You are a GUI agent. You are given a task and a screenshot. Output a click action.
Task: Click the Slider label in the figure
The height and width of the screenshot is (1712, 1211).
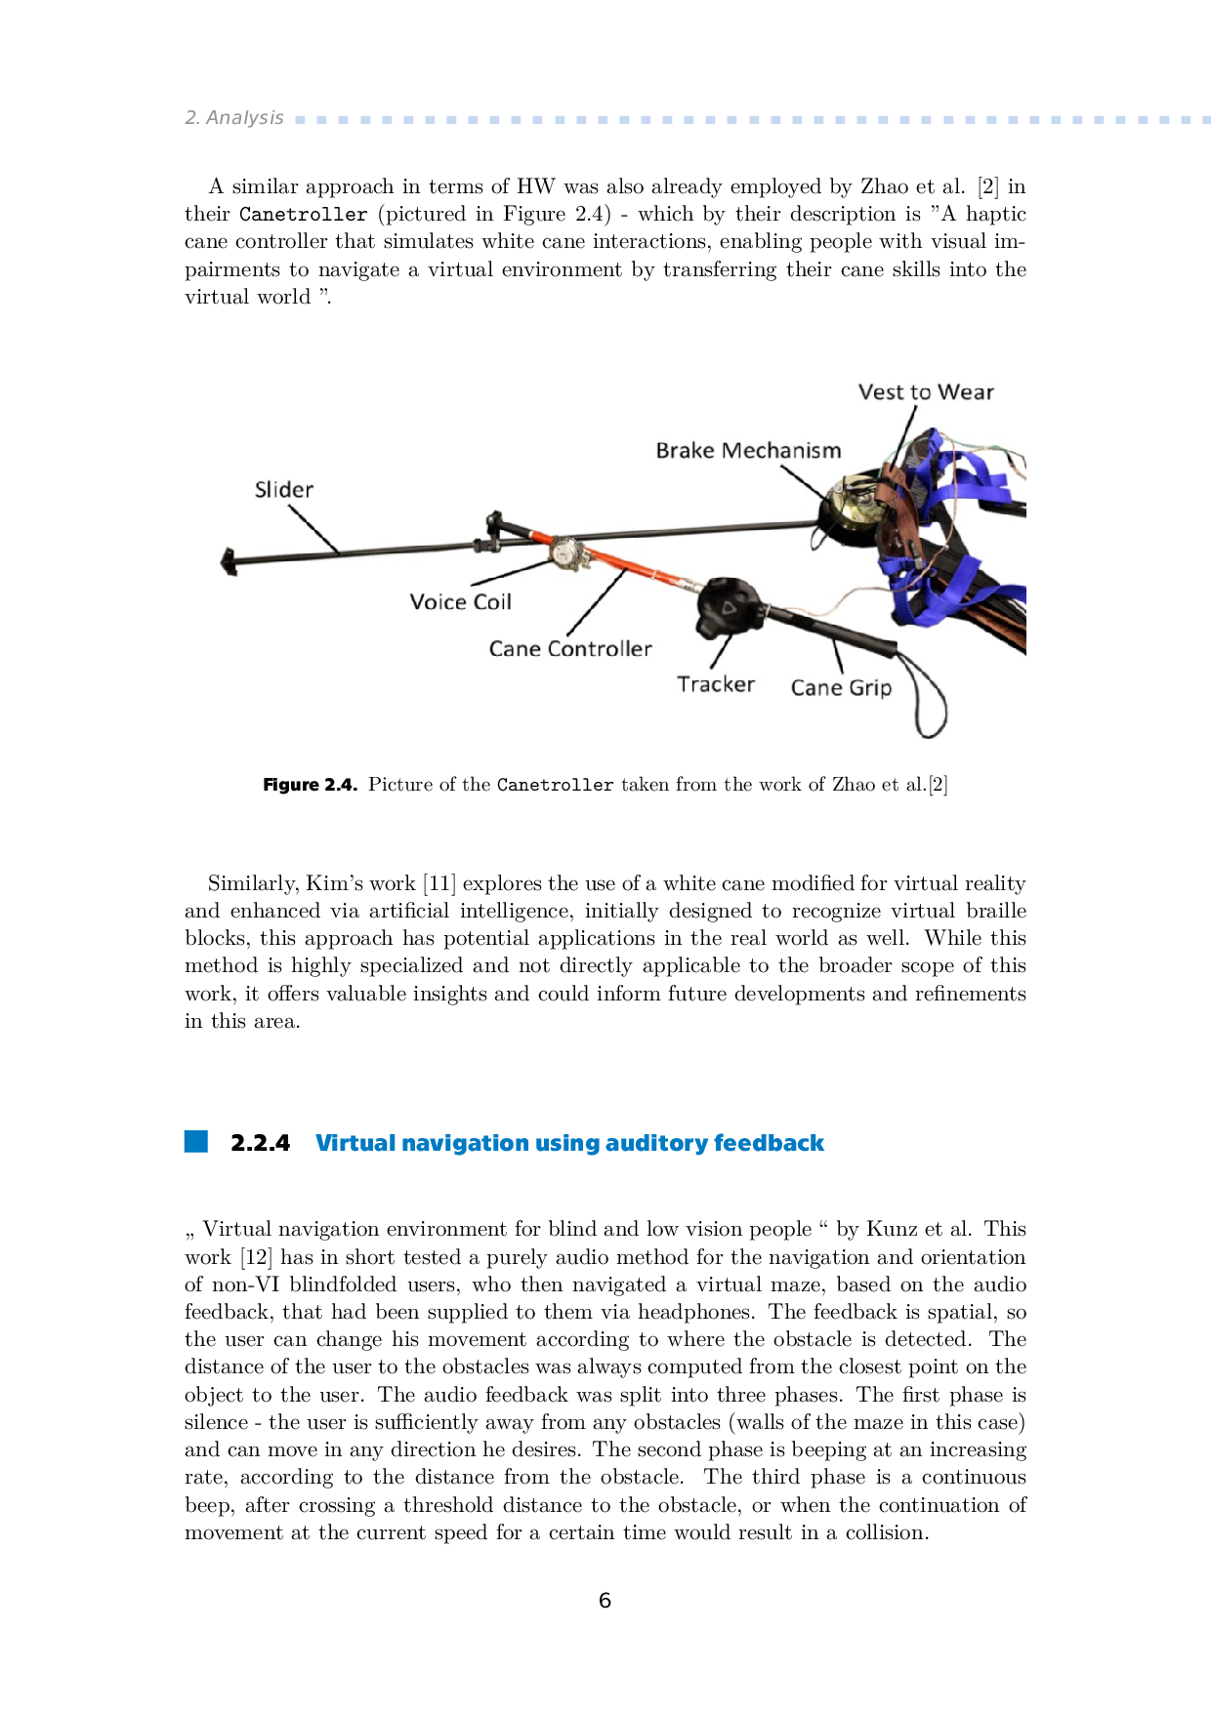[284, 490]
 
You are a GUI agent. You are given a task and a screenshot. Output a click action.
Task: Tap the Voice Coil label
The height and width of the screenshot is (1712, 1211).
[460, 602]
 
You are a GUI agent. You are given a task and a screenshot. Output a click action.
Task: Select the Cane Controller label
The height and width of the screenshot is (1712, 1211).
[570, 649]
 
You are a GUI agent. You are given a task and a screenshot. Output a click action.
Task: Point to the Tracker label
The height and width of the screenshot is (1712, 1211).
[716, 684]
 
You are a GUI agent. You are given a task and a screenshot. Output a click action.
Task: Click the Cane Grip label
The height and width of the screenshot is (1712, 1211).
[841, 688]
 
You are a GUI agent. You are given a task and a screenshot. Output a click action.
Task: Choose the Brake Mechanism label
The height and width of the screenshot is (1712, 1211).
[748, 451]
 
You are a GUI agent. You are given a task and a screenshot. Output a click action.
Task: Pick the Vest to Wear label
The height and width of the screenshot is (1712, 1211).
[926, 392]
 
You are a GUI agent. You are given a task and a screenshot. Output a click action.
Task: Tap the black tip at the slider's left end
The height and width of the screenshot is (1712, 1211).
[230, 561]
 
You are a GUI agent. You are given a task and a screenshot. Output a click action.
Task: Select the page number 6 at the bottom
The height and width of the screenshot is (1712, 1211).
[605, 1601]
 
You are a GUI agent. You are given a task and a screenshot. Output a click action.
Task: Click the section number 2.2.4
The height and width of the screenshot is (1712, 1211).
[260, 1143]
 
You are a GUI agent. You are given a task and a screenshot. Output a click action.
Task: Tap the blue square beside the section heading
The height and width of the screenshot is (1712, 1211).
[196, 1142]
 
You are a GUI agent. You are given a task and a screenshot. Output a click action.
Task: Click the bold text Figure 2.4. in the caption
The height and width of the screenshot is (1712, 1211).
[310, 785]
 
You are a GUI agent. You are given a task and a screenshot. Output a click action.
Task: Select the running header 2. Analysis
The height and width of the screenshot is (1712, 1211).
[234, 118]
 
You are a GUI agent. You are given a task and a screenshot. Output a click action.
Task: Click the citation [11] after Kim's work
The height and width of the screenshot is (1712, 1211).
[438, 883]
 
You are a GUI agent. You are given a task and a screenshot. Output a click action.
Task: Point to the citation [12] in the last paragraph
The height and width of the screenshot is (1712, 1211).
[256, 1257]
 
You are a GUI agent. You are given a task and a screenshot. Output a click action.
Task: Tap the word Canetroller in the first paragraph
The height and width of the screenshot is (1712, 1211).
[303, 215]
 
